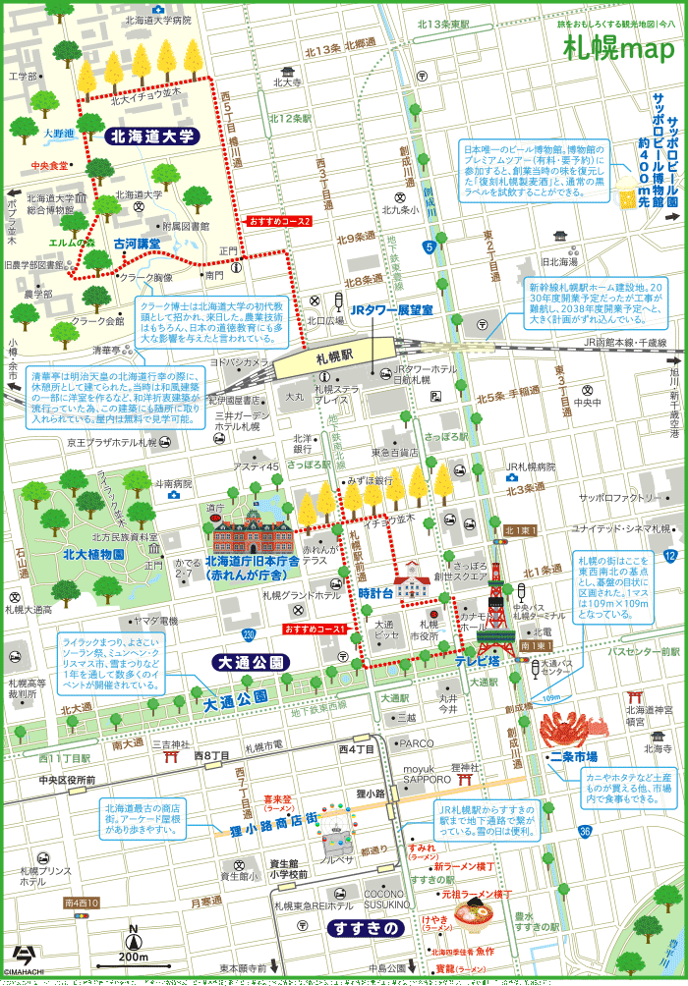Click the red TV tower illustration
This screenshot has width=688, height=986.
pos(496,614)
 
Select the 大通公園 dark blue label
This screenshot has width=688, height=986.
pos(249,663)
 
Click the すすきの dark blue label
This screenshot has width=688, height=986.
pos(366,928)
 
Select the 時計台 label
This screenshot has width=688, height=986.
pos(375,593)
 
